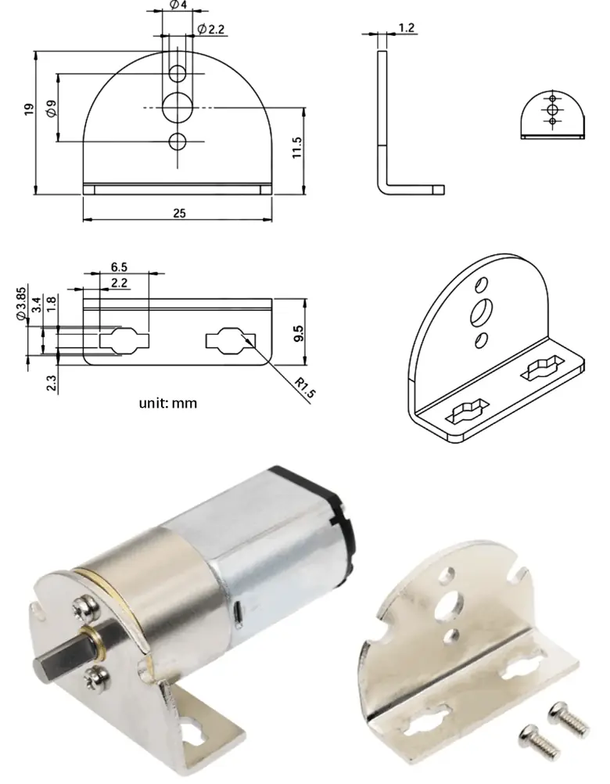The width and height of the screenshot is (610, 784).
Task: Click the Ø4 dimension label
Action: click(178, 5)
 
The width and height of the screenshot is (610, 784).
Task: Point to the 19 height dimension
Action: click(29, 110)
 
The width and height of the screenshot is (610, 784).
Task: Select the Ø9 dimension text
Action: click(51, 109)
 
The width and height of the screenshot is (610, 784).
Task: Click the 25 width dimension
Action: click(179, 214)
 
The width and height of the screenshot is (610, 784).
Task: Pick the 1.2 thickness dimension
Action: click(407, 28)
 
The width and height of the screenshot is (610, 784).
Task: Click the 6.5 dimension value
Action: click(120, 267)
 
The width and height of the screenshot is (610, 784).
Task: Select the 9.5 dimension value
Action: click(297, 333)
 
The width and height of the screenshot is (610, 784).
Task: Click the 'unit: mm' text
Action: click(168, 404)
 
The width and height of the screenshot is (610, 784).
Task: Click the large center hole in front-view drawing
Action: click(178, 105)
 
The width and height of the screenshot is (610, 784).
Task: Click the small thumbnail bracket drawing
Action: click(552, 114)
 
